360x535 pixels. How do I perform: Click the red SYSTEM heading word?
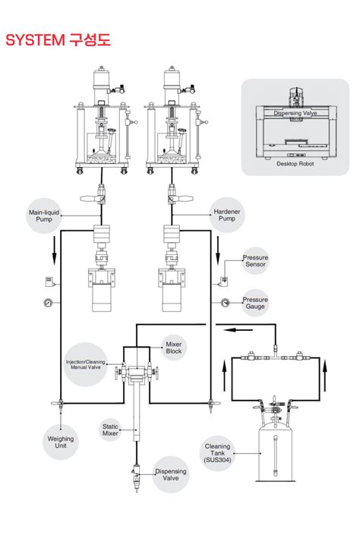click(x=35, y=39)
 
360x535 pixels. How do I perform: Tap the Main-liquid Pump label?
click(x=44, y=216)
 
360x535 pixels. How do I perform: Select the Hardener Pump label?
click(x=227, y=215)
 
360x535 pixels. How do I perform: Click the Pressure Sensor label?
click(x=255, y=261)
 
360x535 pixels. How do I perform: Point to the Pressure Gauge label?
click(x=255, y=303)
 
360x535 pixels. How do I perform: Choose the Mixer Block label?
click(x=173, y=348)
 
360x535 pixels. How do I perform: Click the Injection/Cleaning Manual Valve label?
click(x=85, y=364)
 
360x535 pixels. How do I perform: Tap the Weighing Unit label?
click(x=61, y=442)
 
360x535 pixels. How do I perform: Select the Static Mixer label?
click(x=110, y=430)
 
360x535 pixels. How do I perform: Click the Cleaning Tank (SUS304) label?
click(x=217, y=453)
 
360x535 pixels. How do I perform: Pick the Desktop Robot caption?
click(x=295, y=164)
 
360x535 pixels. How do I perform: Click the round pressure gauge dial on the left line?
click(x=48, y=302)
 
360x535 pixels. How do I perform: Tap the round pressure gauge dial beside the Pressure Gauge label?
click(x=225, y=302)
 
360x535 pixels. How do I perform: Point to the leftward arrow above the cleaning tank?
click(x=238, y=330)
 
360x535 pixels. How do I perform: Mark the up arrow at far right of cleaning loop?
click(x=325, y=376)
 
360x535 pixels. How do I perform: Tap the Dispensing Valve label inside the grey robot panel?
click(x=295, y=113)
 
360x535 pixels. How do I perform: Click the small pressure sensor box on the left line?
click(x=49, y=281)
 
